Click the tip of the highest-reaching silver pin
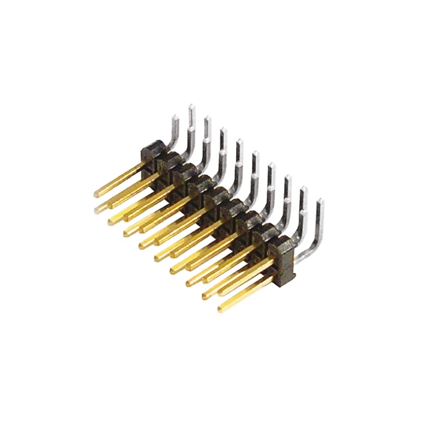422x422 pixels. (x=191, y=106)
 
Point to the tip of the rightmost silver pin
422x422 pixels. (x=321, y=202)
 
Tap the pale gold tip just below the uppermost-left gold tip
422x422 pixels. (x=98, y=210)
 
